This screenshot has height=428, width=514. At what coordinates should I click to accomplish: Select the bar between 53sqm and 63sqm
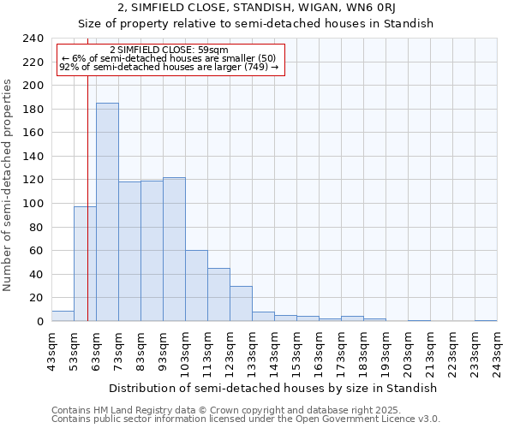point(85,264)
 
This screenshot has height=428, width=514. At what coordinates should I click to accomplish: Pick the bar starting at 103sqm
point(196,286)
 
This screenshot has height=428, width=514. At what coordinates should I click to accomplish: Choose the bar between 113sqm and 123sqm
point(218,294)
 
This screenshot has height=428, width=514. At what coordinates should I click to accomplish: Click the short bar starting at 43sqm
point(63,316)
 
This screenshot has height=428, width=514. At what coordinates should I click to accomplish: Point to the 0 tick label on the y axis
point(39,321)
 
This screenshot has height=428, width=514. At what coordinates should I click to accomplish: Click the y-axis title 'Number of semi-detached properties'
point(9,185)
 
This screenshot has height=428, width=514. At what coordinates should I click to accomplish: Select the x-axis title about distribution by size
point(273,388)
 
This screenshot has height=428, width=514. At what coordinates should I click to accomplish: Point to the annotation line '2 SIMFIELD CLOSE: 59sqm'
point(170,51)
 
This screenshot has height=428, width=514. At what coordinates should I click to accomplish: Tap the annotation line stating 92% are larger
point(170,67)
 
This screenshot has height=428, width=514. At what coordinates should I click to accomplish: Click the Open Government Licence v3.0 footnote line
point(246,419)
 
